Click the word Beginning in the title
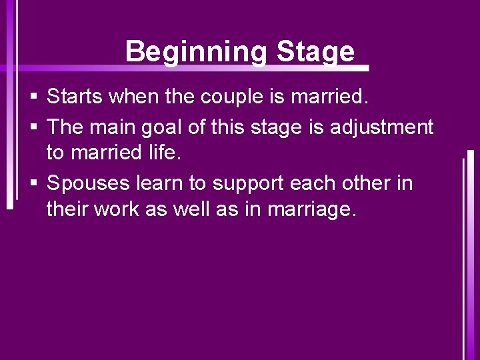click(x=197, y=51)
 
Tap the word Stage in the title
click(x=315, y=51)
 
